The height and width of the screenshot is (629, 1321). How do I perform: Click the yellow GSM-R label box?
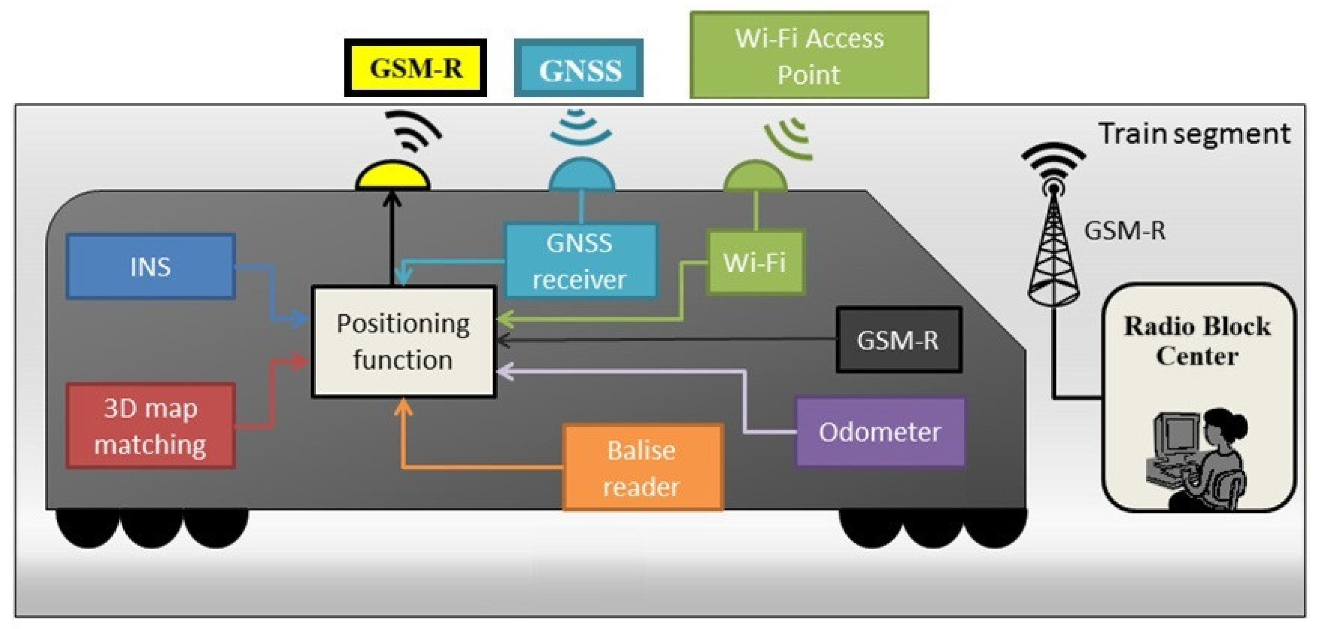click(x=415, y=68)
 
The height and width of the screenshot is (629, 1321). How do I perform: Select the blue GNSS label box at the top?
click(x=578, y=69)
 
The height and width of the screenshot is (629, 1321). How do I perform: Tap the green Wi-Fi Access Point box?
click(x=809, y=55)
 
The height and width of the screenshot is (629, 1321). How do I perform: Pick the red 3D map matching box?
click(x=151, y=426)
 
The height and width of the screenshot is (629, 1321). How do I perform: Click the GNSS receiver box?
click(x=580, y=261)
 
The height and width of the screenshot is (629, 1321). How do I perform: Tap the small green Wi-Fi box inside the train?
click(x=755, y=262)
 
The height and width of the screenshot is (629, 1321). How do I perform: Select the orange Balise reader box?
click(x=642, y=467)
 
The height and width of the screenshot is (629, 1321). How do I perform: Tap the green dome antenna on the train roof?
click(x=755, y=176)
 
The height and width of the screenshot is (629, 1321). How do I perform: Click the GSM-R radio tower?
click(x=1053, y=241)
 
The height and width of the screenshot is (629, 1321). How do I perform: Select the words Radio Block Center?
click(x=1197, y=341)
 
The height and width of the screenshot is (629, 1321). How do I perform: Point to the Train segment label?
click(x=1194, y=134)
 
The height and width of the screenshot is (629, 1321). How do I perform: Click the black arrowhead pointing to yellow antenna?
click(x=392, y=198)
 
